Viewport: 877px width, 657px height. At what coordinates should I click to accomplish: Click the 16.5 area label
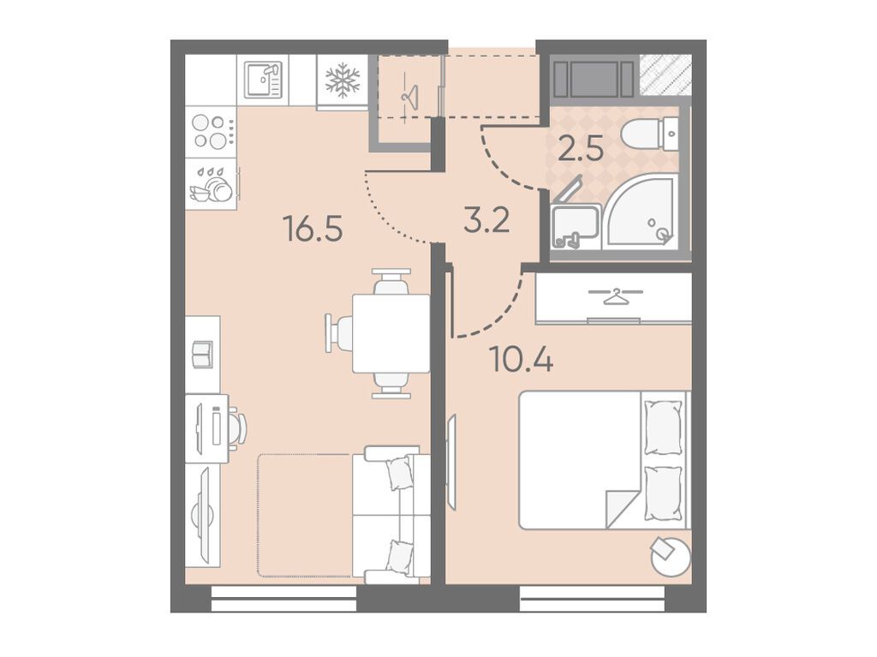click(x=313, y=229)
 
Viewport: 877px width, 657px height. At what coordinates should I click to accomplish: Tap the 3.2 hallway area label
click(x=486, y=219)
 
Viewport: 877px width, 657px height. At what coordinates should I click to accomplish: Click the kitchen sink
click(x=263, y=80)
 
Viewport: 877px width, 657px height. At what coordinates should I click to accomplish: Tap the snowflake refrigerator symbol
click(x=343, y=80)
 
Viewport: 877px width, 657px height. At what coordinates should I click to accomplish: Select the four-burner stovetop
click(x=211, y=132)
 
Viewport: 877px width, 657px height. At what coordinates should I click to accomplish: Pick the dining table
click(x=391, y=333)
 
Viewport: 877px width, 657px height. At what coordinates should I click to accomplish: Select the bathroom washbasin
click(x=573, y=226)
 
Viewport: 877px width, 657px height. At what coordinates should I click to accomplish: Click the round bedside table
click(x=671, y=556)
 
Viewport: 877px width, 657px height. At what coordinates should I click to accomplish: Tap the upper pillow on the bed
click(x=664, y=427)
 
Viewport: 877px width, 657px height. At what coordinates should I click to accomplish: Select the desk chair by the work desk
click(x=237, y=427)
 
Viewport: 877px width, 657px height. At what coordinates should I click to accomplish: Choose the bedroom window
click(x=593, y=598)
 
